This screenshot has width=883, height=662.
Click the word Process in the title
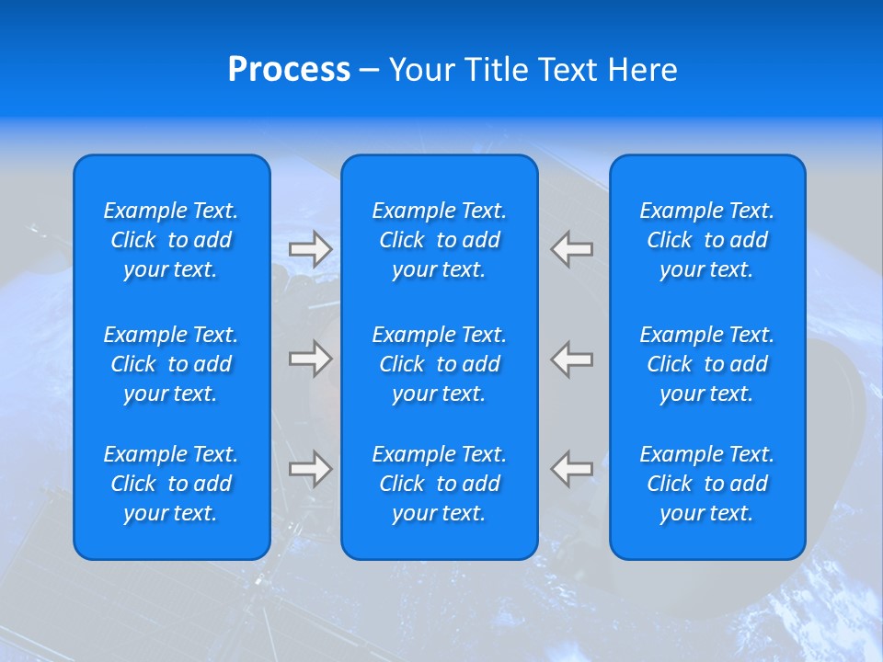(289, 70)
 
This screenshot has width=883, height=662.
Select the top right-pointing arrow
(311, 249)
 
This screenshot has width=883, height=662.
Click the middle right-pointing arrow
(311, 359)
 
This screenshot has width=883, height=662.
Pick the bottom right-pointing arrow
(311, 469)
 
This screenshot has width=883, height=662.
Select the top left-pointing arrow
(572, 249)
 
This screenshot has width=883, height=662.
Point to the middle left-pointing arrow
(572, 359)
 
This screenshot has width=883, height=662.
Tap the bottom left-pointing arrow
(572, 469)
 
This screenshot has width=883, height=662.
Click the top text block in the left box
(171, 240)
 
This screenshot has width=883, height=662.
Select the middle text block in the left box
(171, 364)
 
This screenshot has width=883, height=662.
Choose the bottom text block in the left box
(171, 484)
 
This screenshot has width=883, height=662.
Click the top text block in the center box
(440, 240)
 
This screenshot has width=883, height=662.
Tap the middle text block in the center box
(440, 364)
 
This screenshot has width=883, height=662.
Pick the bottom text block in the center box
(440, 484)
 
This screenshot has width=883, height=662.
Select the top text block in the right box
(707, 240)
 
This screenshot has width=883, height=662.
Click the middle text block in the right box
(707, 364)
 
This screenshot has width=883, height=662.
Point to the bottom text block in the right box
(707, 484)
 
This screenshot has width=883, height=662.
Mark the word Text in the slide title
(568, 70)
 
